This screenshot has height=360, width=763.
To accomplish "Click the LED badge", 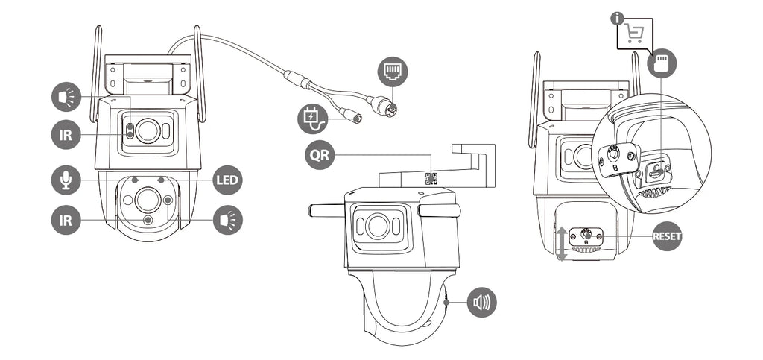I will pyautogui.click(x=227, y=180).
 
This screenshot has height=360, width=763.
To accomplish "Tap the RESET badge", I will pyautogui.click(x=667, y=236).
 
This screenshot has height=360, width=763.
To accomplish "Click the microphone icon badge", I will pyautogui.click(x=66, y=180).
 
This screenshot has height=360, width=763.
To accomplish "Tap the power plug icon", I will pyautogui.click(x=312, y=119).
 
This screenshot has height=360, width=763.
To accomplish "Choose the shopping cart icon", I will pyautogui.click(x=633, y=34).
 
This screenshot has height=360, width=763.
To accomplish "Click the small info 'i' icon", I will pyautogui.click(x=616, y=16).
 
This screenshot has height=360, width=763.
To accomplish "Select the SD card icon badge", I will pyautogui.click(x=662, y=63).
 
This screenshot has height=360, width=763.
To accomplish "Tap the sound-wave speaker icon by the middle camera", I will pyautogui.click(x=482, y=302).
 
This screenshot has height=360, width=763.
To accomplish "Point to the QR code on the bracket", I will pyautogui.click(x=431, y=178).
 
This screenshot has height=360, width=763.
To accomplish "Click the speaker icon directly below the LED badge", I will pyautogui.click(x=227, y=220).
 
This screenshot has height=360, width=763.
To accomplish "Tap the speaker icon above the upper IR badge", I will pyautogui.click(x=66, y=97).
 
